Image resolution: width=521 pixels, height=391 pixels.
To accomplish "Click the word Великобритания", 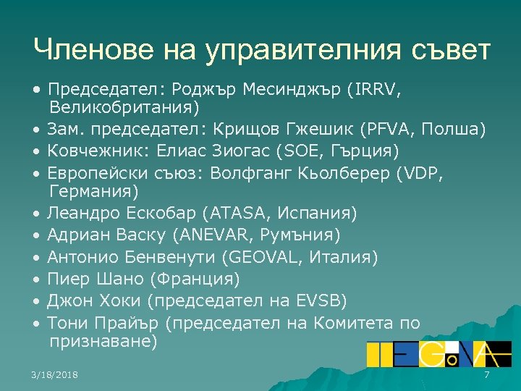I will pos(124,107).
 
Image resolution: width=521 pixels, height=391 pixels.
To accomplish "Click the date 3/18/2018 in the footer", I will pos(56,375).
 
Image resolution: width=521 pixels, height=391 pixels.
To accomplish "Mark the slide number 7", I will pos(487,375).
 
